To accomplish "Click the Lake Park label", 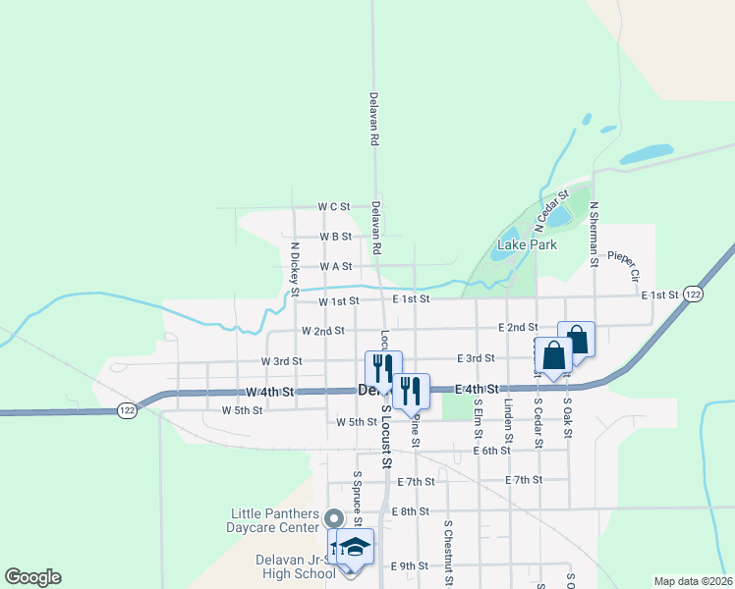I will pyautogui.click(x=528, y=243).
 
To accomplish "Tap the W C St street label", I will pyautogui.click(x=334, y=207).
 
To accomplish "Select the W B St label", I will pyautogui.click(x=336, y=237).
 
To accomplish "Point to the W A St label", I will pyautogui.click(x=336, y=266).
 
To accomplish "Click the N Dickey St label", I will pyautogui.click(x=294, y=268).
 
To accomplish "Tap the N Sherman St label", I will pyautogui.click(x=594, y=235).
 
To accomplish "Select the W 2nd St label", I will pyautogui.click(x=322, y=331).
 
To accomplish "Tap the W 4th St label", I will pyautogui.click(x=270, y=392).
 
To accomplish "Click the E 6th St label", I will pyautogui.click(x=491, y=451).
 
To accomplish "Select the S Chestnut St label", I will pyautogui.click(x=447, y=552).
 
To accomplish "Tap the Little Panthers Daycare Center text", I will pyautogui.click(x=275, y=519).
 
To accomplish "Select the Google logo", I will pyautogui.click(x=32, y=577).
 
